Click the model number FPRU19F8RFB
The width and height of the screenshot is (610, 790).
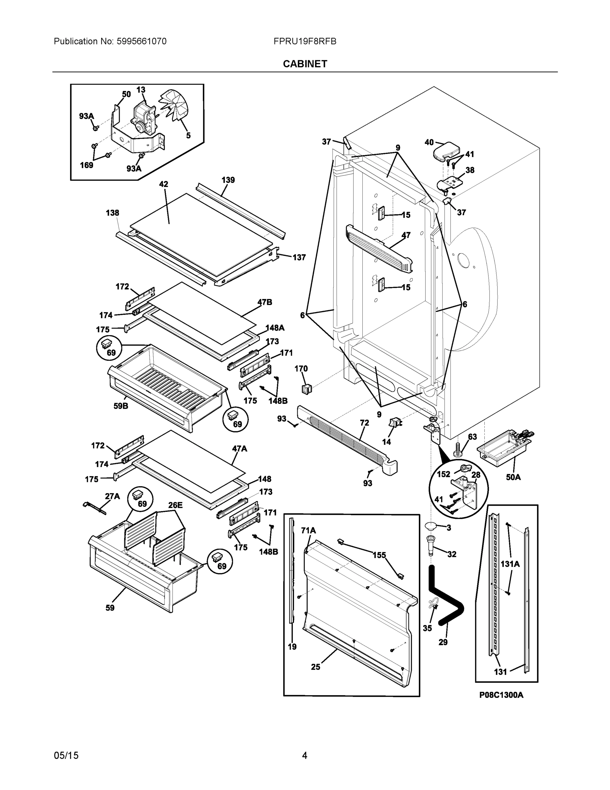[x=305, y=41]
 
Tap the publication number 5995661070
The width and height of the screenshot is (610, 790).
[x=142, y=41]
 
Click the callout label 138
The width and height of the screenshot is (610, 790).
[x=112, y=213]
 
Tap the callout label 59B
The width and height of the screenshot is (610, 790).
[x=121, y=406]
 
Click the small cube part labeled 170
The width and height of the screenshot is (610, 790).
[x=306, y=389]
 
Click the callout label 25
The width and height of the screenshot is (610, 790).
[x=315, y=667]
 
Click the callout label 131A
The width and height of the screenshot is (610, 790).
[x=510, y=564]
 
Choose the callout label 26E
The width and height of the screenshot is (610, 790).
[x=175, y=505]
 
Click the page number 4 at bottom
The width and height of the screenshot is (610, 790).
[x=305, y=755]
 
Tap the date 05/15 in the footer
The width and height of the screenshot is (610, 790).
[x=66, y=755]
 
